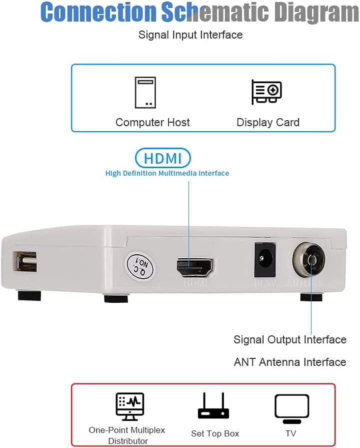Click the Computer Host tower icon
(145, 93)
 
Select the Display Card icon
(266, 92)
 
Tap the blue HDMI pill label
(163, 158)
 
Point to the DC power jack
(264, 260)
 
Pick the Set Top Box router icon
(213, 406)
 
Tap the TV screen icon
(291, 408)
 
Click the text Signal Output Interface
(290, 340)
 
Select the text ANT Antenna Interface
(290, 362)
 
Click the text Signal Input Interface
(190, 35)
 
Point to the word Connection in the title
(98, 12)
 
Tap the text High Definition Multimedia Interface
(167, 174)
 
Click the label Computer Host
(152, 123)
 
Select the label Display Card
(268, 123)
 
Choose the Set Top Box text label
(215, 434)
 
